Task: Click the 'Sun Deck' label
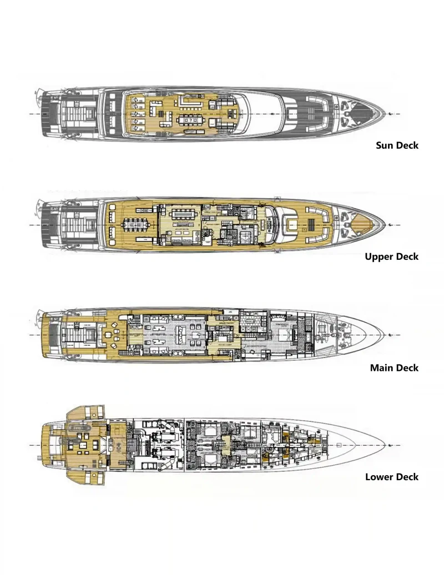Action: click(397, 145)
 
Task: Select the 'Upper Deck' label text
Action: click(392, 256)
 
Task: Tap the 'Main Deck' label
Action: click(395, 367)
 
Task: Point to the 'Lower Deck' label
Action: click(392, 477)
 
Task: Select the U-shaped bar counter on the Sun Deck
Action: click(191, 102)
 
